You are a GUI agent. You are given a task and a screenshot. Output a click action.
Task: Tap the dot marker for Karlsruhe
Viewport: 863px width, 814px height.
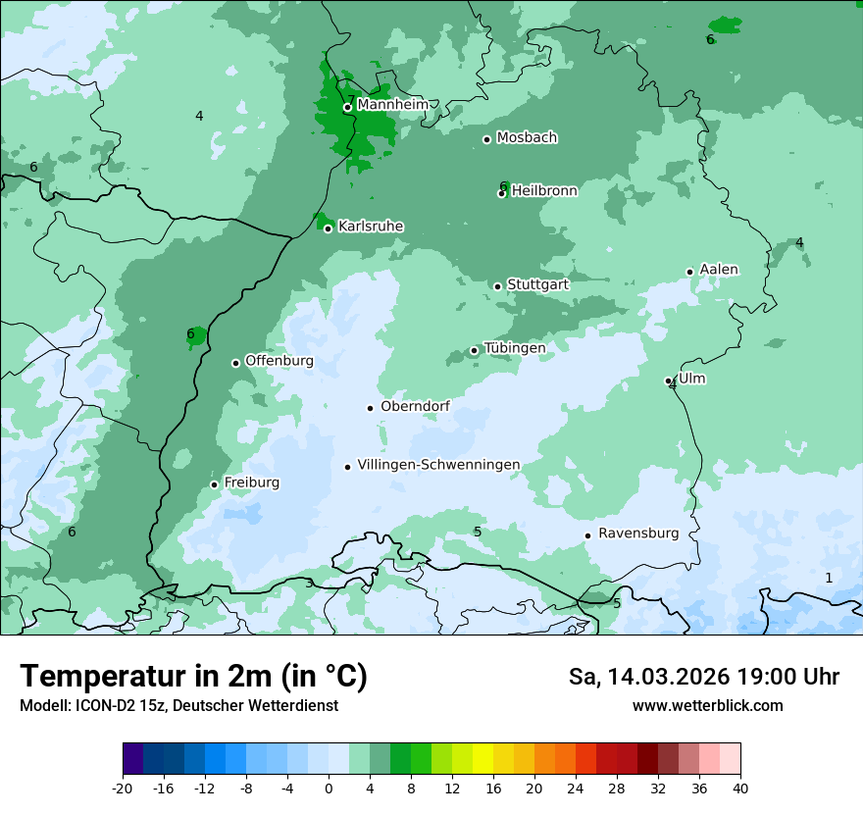tap(328, 229)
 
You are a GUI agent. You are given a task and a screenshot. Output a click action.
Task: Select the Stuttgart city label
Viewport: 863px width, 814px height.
tap(537, 284)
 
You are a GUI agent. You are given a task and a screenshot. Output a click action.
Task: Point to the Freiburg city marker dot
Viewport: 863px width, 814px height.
tap(214, 484)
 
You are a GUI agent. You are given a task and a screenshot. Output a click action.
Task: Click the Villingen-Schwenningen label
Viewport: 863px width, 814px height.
tap(438, 465)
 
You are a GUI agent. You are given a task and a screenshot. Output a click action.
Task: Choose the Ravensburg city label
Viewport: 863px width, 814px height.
tap(637, 534)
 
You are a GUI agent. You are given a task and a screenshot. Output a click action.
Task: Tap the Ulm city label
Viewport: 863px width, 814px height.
tap(691, 379)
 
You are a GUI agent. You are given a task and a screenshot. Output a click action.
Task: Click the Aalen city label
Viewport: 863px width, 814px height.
tap(719, 270)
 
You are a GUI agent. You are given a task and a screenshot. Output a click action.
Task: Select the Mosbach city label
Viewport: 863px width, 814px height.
tap(527, 138)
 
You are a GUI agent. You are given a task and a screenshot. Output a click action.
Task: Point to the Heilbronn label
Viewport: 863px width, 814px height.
tap(544, 191)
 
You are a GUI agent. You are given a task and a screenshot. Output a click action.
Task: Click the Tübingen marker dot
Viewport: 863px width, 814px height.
tap(474, 350)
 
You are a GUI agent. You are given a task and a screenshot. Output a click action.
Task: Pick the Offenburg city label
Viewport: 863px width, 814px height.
tap(279, 361)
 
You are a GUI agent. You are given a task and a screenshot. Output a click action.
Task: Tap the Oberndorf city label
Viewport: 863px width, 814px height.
tap(415, 406)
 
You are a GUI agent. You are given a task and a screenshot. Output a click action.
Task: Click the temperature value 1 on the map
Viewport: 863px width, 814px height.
tap(829, 578)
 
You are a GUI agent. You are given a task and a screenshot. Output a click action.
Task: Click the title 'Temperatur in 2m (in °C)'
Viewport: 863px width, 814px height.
tap(193, 677)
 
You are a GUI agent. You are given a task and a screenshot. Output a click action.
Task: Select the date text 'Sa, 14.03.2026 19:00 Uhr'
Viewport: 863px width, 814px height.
tap(703, 677)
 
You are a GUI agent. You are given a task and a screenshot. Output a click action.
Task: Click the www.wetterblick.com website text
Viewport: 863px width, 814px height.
tap(707, 705)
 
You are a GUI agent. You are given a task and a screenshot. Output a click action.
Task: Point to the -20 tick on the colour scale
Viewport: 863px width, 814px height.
tap(123, 789)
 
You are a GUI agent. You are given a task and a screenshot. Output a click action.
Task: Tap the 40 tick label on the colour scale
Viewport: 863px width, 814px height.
tap(739, 789)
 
